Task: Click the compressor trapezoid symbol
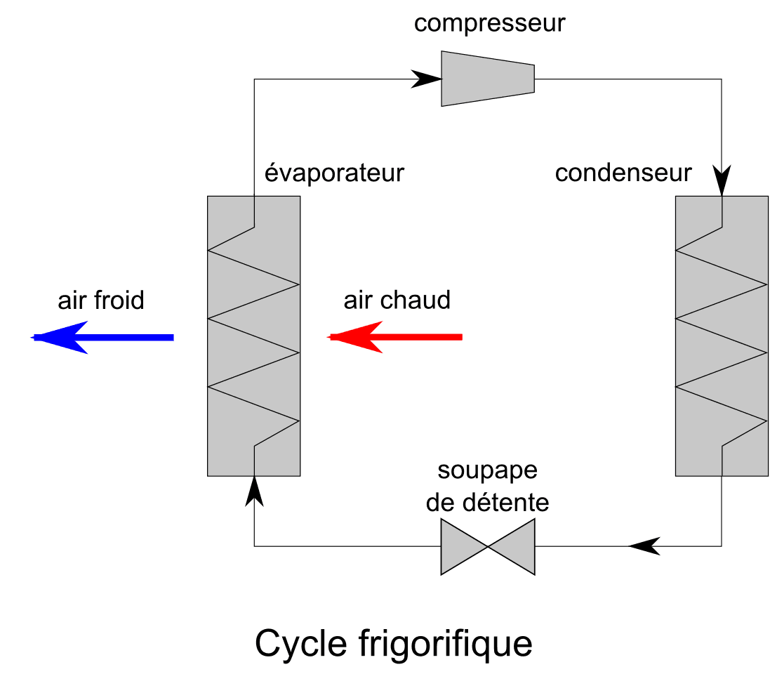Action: click(488, 78)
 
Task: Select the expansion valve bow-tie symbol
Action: click(488, 546)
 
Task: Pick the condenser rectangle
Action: click(721, 336)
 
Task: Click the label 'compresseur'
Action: click(489, 24)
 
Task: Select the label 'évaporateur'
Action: click(335, 173)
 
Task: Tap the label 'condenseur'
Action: click(623, 173)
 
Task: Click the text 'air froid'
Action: click(100, 300)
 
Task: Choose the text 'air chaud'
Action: click(397, 300)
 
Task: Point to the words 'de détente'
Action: click(486, 503)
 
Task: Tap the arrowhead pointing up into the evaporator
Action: click(254, 490)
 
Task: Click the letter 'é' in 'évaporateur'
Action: click(272, 173)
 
